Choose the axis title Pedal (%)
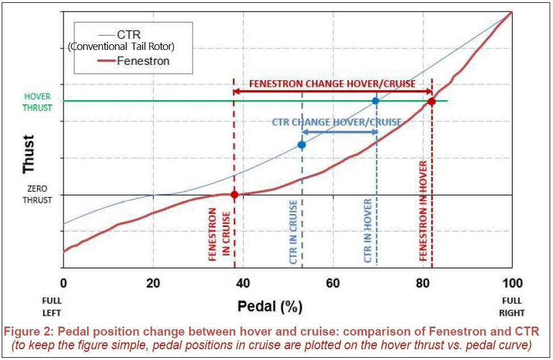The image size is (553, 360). [270, 307]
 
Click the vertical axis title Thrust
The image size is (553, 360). [28, 154]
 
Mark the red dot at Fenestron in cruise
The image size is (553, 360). [234, 195]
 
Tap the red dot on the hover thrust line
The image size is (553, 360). [431, 101]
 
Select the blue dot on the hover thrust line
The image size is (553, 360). [375, 101]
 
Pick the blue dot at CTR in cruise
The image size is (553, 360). [301, 145]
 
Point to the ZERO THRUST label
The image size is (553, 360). [38, 194]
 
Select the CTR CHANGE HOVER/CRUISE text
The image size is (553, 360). [336, 122]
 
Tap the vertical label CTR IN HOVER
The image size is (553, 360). [368, 231]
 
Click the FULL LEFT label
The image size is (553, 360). [51, 307]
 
